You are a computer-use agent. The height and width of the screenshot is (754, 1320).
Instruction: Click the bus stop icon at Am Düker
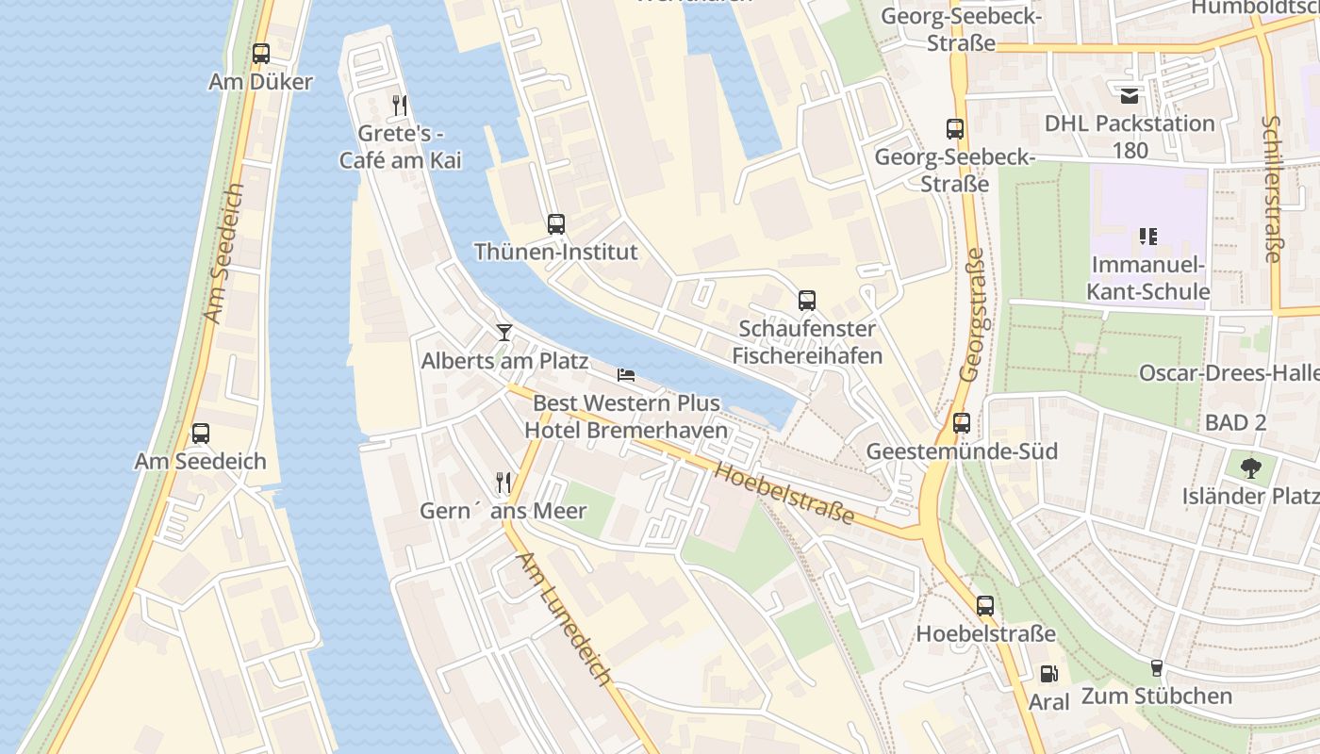(x=261, y=54)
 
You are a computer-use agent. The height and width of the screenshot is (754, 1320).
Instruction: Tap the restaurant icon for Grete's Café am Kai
(x=399, y=105)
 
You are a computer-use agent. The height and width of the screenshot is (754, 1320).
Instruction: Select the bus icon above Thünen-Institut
(x=556, y=224)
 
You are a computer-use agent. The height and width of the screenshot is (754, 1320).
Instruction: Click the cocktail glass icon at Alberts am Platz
(x=504, y=332)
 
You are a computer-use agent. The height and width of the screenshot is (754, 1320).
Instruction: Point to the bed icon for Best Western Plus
(x=626, y=374)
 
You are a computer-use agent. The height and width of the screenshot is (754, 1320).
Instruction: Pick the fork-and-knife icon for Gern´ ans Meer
(x=503, y=483)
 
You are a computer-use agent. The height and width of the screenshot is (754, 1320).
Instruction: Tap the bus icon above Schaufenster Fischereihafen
(x=807, y=301)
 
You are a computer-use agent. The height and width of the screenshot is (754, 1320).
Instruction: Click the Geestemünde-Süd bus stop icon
(x=962, y=423)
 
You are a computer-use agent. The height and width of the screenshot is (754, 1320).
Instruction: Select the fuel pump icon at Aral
(x=1048, y=674)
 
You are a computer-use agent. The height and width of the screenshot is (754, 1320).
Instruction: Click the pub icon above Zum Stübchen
(x=1157, y=668)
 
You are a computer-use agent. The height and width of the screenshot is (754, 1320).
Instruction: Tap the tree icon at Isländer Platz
(x=1251, y=467)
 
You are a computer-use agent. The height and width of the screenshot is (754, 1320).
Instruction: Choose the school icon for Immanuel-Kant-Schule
(x=1147, y=236)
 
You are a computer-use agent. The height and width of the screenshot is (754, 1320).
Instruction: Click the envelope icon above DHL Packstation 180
(x=1130, y=95)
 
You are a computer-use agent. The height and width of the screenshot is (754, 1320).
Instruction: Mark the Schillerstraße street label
(x=1272, y=188)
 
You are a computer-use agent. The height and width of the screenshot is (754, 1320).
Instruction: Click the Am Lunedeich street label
(x=565, y=618)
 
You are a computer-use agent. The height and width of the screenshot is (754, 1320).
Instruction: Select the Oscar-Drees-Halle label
(x=1229, y=372)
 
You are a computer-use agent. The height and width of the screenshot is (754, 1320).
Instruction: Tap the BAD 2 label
(x=1235, y=422)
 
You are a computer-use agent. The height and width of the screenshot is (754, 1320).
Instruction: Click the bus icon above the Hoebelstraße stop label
(x=985, y=606)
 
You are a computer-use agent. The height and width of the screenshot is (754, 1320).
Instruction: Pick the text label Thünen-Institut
(x=555, y=252)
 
